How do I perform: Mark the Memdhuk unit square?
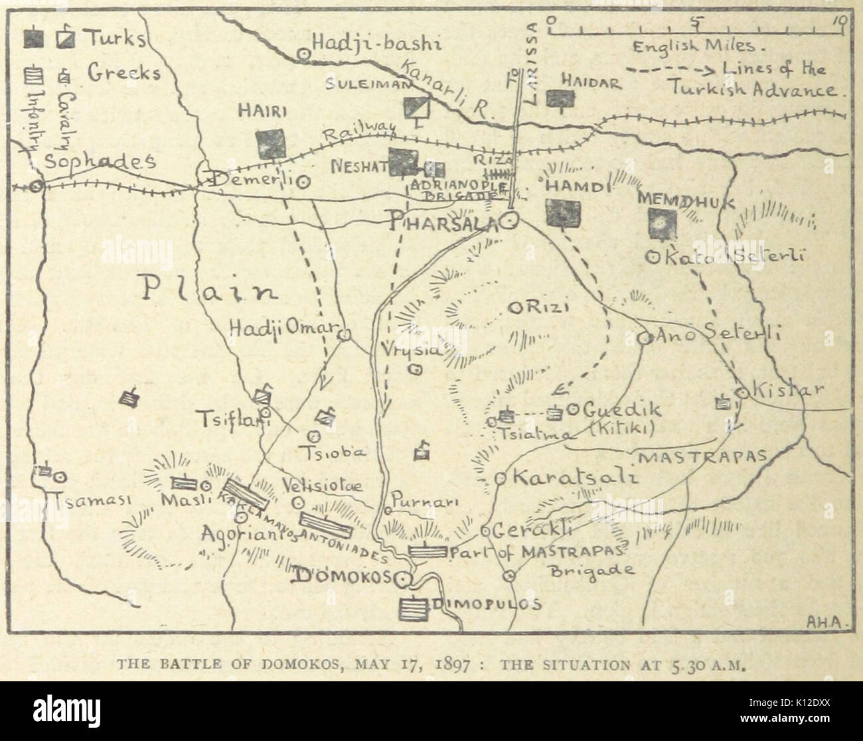tap(661, 223)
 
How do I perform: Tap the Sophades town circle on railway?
tap(37, 186)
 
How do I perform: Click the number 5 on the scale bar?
tap(695, 20)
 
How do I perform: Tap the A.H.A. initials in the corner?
tap(821, 622)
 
